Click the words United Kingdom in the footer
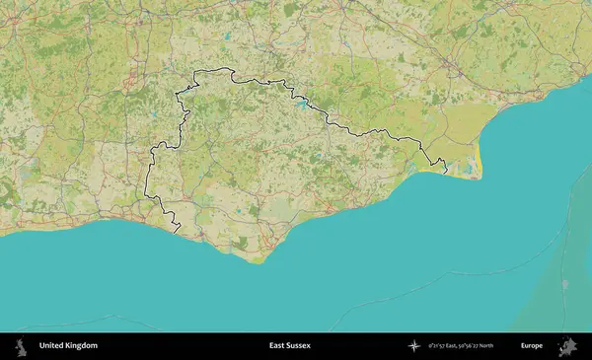68,346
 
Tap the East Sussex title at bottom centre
290,346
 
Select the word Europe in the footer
532,346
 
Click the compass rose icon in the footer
415,346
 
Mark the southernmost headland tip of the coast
259,261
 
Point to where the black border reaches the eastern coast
445,174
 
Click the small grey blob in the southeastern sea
563,284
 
